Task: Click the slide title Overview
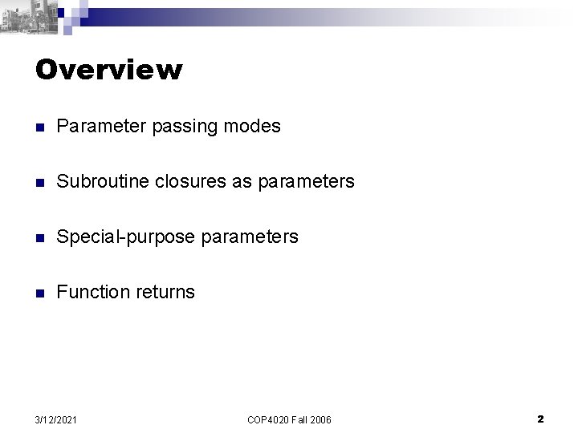click(109, 70)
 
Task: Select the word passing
click(178, 127)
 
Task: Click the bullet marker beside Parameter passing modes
click(40, 127)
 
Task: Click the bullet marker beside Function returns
click(40, 293)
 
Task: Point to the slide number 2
click(540, 419)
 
